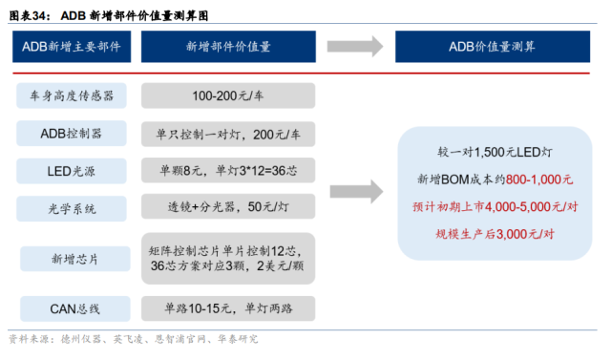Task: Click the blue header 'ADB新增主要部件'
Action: [72, 46]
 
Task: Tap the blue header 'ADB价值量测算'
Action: [492, 46]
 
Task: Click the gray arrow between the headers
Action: [354, 46]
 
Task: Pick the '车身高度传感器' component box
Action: [73, 96]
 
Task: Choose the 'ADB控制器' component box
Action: [73, 133]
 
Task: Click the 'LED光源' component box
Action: [73, 170]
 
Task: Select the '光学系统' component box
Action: [73, 206]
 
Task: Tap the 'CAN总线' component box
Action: [73, 308]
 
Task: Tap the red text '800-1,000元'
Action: [539, 179]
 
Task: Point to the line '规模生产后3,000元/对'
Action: [494, 231]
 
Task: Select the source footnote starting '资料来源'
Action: [134, 340]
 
